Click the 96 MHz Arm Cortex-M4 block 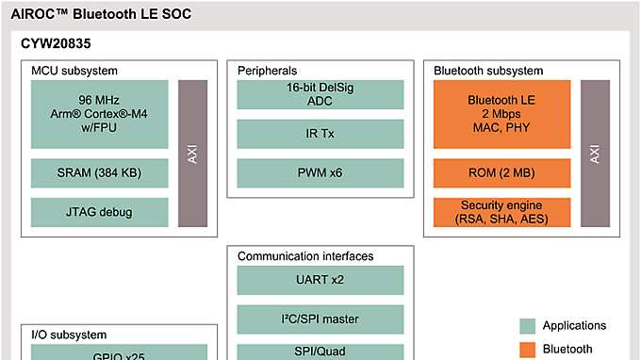99,113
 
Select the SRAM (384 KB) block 99,172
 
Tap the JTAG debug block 99,212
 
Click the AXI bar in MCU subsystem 192,153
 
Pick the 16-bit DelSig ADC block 320,93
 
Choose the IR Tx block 320,134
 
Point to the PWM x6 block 320,172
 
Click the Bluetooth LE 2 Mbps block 501,113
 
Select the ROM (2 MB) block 501,172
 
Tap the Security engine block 501,212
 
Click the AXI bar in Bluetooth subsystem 595,153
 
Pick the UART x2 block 320,280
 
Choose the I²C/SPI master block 320,319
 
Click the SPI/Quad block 320,352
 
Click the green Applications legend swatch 528,326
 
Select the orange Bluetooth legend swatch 528,350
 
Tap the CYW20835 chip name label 56,44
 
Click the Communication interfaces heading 305,256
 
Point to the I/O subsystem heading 69,335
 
